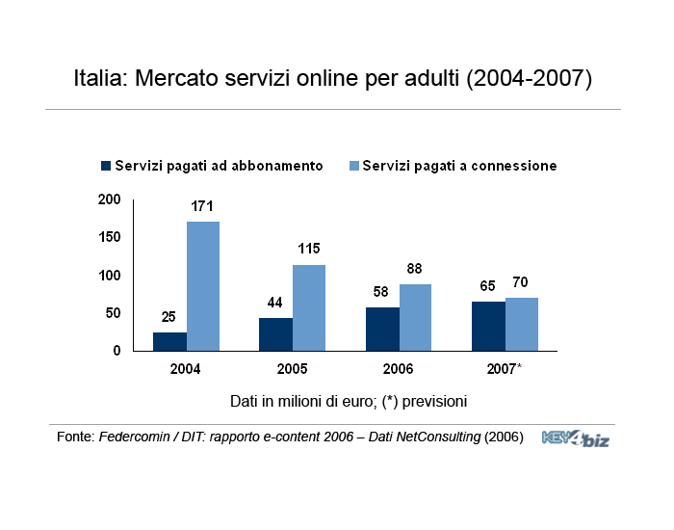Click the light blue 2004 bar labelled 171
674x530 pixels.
click(203, 286)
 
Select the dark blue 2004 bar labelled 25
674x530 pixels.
click(169, 341)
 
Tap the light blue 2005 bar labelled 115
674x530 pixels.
click(309, 307)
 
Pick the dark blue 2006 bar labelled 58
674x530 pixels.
click(382, 329)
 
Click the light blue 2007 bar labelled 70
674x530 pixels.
click(522, 324)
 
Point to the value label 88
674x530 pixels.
click(415, 269)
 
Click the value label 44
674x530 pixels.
click(275, 303)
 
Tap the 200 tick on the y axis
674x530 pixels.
click(110, 199)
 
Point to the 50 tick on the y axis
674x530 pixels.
click(114, 313)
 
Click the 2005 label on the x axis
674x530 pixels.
click(292, 369)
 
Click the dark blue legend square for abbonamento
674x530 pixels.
click(106, 166)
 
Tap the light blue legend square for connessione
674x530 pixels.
click(354, 166)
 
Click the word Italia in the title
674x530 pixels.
click(101, 78)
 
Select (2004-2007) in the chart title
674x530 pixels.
click(529, 78)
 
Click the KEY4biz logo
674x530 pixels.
click(576, 438)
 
